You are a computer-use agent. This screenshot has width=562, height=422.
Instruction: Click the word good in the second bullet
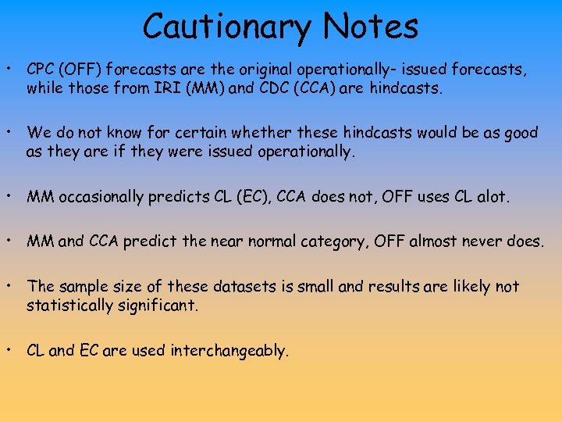[x=521, y=134]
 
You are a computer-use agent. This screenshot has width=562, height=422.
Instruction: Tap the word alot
[x=492, y=198]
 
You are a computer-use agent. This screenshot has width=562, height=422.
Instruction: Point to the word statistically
[x=69, y=306]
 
